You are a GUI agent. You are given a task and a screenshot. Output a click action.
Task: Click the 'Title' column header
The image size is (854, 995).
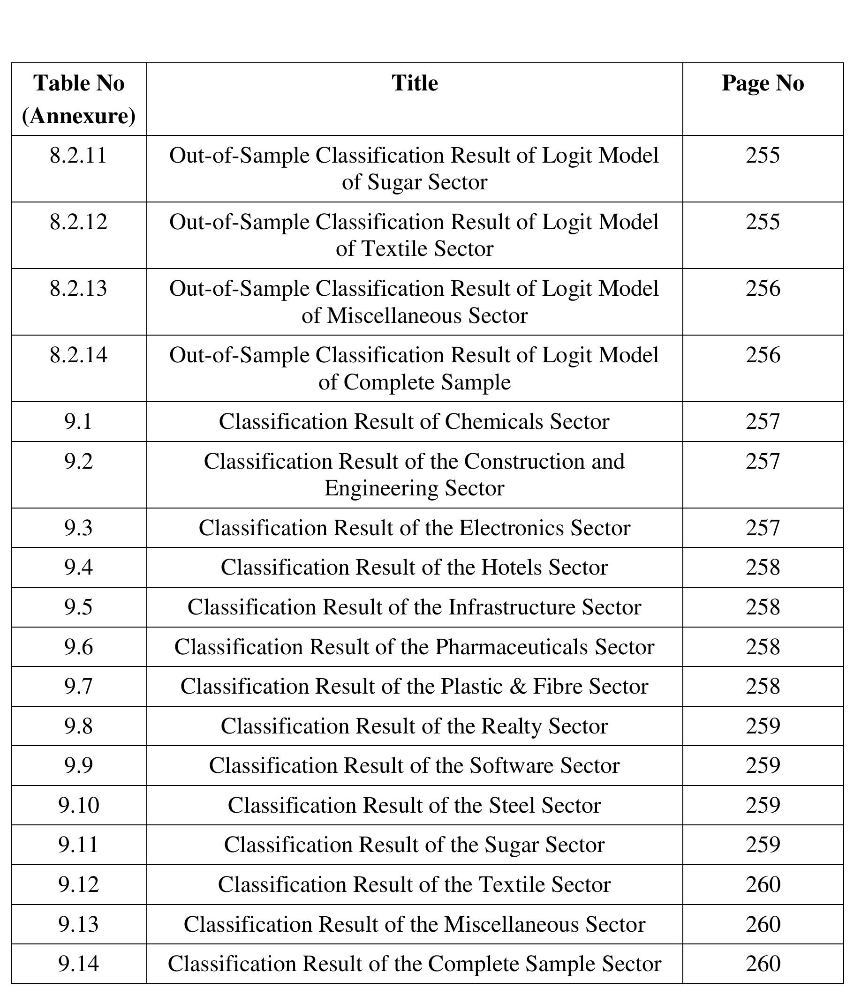click(x=414, y=83)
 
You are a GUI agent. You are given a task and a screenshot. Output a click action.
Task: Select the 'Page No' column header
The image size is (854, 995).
click(x=762, y=83)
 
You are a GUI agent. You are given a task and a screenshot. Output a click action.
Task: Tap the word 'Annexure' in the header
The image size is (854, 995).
click(x=79, y=116)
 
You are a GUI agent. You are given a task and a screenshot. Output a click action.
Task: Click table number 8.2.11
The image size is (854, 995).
click(x=78, y=156)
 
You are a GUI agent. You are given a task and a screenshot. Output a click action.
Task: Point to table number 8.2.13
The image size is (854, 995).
click(x=78, y=289)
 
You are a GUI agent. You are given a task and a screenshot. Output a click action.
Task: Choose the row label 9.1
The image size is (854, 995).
click(x=78, y=421)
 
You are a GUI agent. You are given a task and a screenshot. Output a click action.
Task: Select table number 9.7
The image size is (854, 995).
click(x=78, y=686)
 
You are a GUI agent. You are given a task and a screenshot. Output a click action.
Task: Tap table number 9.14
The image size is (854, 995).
click(x=78, y=963)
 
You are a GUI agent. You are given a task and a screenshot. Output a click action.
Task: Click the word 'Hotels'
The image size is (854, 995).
click(x=511, y=567)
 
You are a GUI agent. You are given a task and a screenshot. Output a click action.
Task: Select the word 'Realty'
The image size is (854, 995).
click(x=511, y=726)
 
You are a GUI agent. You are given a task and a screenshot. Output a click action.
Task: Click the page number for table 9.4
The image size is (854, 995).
click(x=762, y=567)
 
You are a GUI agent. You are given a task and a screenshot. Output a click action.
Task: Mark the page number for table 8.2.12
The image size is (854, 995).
click(x=762, y=222)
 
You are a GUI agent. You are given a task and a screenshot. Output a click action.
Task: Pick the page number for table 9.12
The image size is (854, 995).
click(x=762, y=884)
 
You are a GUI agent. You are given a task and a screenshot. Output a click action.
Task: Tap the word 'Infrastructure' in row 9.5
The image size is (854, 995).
click(x=512, y=607)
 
